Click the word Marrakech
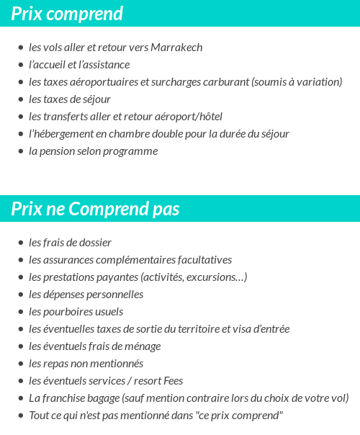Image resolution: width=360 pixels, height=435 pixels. [x=176, y=48]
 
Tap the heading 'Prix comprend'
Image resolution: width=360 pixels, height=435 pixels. [x=67, y=14]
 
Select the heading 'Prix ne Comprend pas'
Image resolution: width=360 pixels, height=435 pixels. [x=95, y=209]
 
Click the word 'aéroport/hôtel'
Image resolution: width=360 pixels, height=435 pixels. [x=189, y=117]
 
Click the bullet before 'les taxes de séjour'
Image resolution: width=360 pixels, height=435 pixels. [x=20, y=99]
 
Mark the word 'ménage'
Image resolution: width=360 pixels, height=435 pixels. [x=143, y=346]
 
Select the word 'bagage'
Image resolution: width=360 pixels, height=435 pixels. [x=102, y=398]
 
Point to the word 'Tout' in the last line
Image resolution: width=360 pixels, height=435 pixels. [x=38, y=416]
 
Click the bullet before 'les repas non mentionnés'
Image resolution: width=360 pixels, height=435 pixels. [x=20, y=364]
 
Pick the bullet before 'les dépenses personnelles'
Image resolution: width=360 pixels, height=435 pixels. [x=20, y=295]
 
